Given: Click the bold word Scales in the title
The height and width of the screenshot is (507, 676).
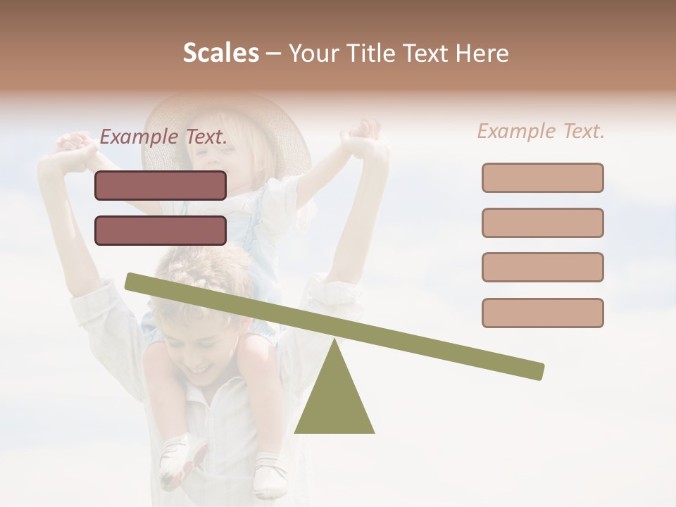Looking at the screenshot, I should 220,53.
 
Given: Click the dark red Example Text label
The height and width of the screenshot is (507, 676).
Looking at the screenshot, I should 163,137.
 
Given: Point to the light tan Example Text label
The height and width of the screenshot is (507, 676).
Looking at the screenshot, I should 541,131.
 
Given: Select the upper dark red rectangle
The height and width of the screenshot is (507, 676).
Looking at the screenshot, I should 161,185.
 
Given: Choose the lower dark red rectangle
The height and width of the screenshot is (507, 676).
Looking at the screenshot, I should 161,230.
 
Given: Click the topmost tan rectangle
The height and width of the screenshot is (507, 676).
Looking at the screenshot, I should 542,177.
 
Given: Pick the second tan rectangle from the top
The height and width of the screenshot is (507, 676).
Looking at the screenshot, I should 542,223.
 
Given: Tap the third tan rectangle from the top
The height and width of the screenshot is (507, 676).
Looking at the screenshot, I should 542,267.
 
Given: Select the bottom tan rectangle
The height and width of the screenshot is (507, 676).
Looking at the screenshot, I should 542,313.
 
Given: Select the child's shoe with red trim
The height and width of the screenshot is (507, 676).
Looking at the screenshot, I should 181,461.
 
